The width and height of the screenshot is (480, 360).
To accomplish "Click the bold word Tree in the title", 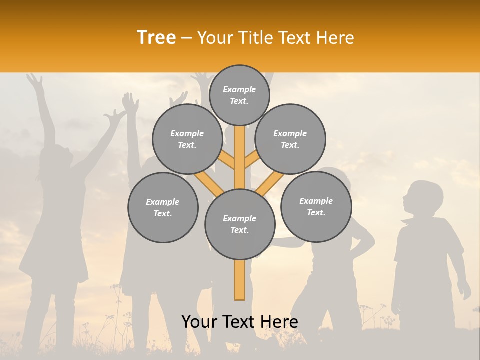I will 156,37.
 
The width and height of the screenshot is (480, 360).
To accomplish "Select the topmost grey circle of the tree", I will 239,95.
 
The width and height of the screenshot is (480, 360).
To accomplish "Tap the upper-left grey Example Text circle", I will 187,139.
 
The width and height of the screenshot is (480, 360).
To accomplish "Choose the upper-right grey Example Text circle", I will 290,139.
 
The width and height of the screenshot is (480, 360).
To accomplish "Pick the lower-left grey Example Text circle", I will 163,207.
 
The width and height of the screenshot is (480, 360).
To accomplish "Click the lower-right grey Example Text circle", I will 316,206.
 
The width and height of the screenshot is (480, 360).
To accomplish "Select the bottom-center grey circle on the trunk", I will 240,224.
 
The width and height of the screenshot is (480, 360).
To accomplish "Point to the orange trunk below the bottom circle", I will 240,280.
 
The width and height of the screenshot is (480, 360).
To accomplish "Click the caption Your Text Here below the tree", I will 240,322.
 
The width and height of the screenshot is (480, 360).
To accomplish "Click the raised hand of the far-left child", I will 35,80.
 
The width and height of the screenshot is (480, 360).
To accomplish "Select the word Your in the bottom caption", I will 199,322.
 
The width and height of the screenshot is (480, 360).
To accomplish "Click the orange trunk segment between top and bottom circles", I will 240,155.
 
